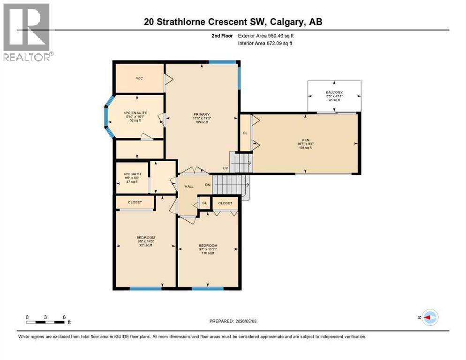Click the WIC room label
(x=139, y=78)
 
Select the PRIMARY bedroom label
(x=201, y=114)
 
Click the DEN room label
(x=305, y=140)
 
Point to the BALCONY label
(x=334, y=92)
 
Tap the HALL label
(x=188, y=186)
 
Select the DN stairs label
(x=207, y=185)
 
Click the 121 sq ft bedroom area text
(x=146, y=245)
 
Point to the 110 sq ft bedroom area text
(x=208, y=253)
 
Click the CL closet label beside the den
(x=245, y=133)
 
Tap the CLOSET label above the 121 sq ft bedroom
(x=135, y=203)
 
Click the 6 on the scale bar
(x=64, y=317)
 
